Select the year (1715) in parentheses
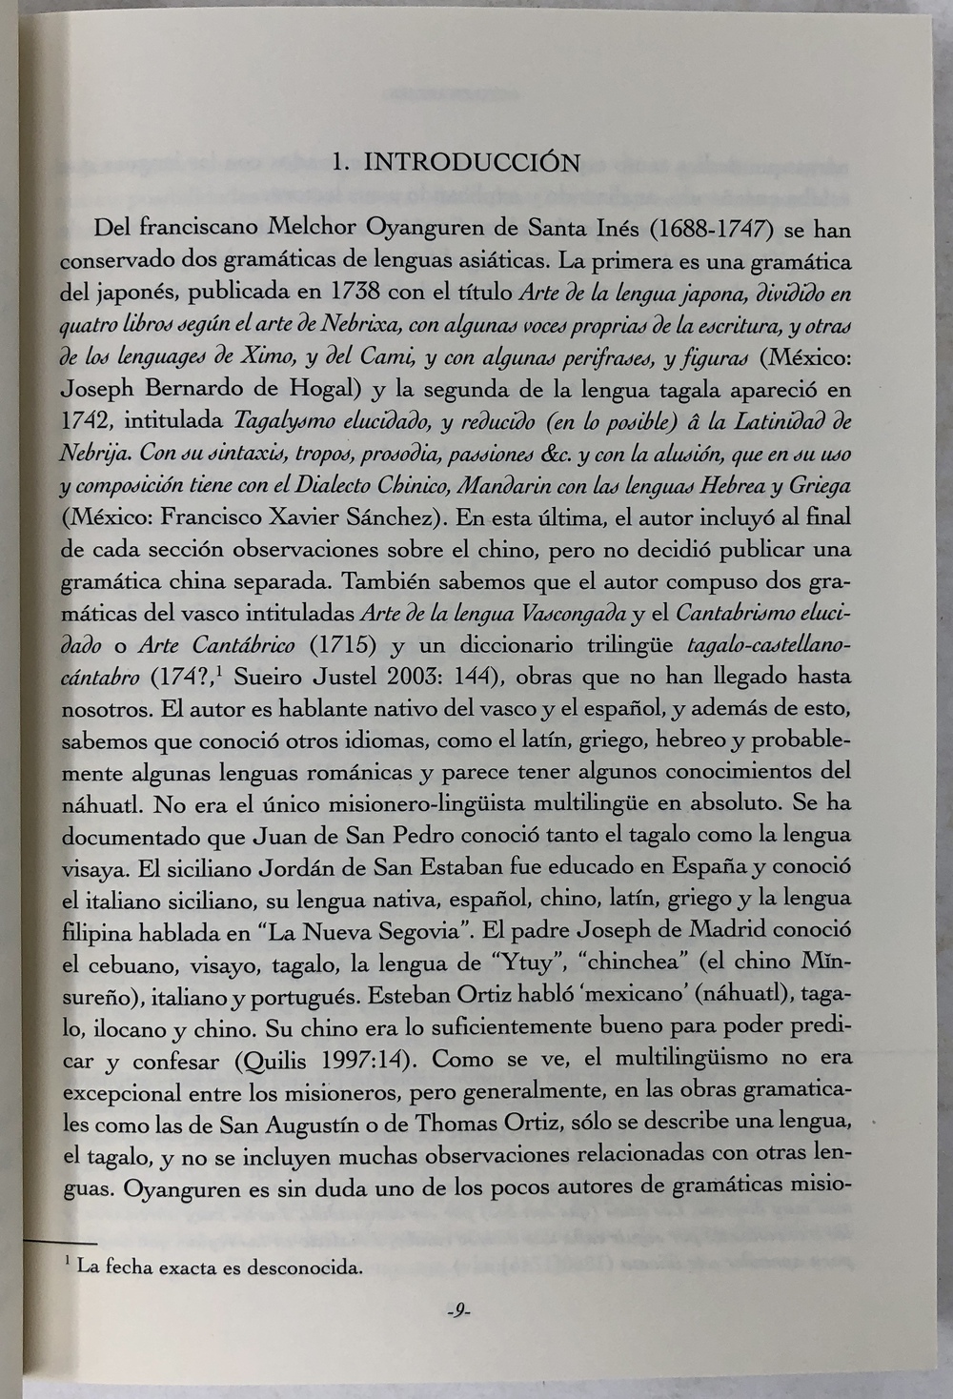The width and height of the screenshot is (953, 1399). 340,645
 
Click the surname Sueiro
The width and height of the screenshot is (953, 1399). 266,678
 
